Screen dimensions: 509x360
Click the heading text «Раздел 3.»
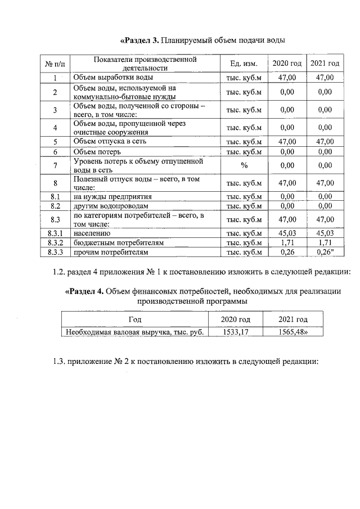pos(140,40)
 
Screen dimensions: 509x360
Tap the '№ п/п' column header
pos(55,64)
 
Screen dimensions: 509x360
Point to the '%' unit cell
pos(244,165)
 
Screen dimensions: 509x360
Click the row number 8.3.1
pos(55,232)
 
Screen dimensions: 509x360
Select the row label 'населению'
pos(92,232)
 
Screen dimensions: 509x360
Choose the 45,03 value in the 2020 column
pos(287,232)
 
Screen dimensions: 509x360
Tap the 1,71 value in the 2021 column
pos(325,242)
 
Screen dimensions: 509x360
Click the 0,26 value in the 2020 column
pos(287,252)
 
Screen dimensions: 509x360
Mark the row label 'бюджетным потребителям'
pos(118,242)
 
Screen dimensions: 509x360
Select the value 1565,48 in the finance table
pos(293,332)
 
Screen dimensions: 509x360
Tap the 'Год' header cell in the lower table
pos(134,319)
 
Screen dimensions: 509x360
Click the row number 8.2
pos(55,206)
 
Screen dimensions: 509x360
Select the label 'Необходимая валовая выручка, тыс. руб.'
pos(134,332)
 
